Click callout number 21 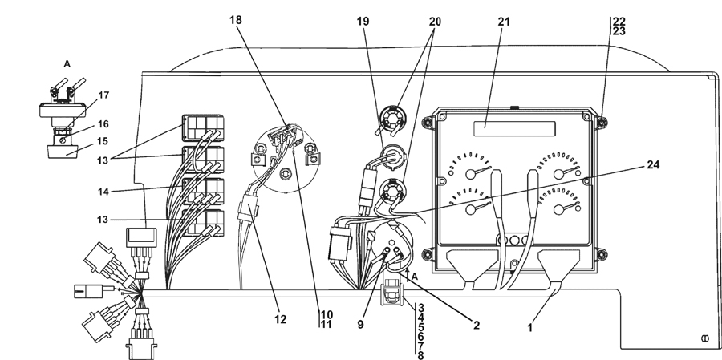505,22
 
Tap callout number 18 236,20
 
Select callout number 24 653,165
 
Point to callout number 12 280,319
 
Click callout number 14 103,192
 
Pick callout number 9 360,325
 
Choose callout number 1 530,328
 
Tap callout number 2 477,325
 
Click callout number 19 363,22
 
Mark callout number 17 103,95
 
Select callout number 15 103,140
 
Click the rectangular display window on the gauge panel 514,128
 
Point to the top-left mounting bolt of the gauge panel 428,122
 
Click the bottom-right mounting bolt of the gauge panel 601,254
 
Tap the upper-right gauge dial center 558,173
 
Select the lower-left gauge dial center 470,209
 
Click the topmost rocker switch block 203,128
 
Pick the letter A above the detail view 67,64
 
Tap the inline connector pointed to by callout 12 247,212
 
